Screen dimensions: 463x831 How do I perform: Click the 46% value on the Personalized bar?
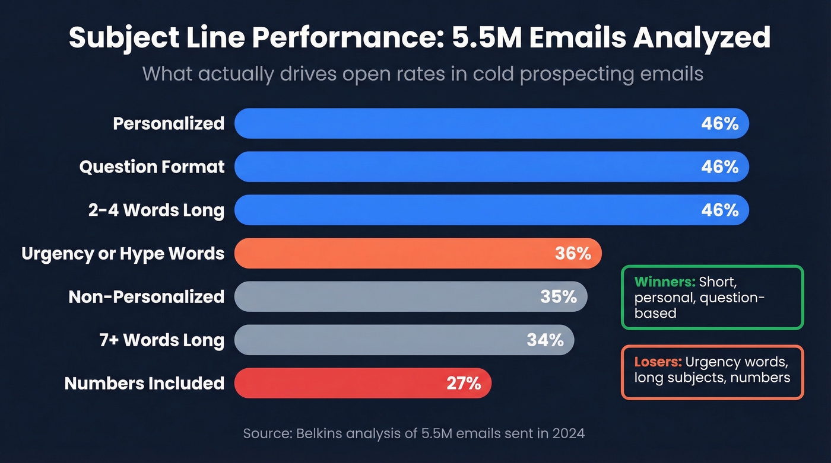coord(719,124)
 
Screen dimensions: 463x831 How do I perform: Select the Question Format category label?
coord(152,167)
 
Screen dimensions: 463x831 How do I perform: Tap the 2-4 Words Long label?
coord(156,210)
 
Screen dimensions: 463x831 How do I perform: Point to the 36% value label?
coord(573,254)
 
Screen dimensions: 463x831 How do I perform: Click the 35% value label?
coord(559,297)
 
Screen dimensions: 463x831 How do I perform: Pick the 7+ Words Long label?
coord(161,340)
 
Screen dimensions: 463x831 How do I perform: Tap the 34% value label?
coord(545,340)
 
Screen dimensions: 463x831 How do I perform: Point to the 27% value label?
coord(463,384)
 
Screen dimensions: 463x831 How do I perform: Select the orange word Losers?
coord(658,362)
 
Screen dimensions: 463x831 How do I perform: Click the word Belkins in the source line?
coord(314,433)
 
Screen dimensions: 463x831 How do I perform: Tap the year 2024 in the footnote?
coord(567,433)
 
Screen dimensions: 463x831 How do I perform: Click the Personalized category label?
coord(169,124)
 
